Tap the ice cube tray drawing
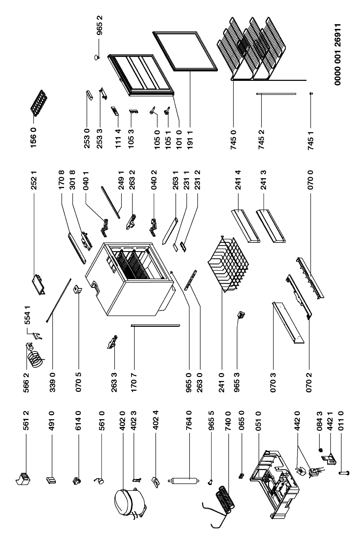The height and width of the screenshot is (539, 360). (x=39, y=102)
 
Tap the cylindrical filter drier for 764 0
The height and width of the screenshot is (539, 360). (x=184, y=481)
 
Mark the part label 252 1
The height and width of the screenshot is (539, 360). (x=34, y=180)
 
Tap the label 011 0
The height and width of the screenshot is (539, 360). (x=341, y=421)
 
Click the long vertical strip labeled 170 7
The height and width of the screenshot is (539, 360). (x=155, y=326)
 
